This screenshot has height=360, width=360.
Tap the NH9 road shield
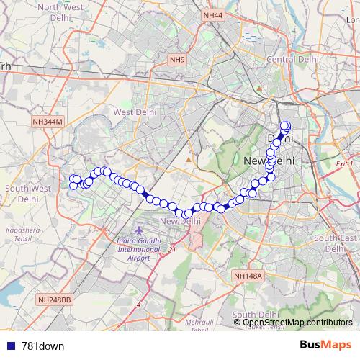tap(177, 60)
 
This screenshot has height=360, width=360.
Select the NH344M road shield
tap(48, 123)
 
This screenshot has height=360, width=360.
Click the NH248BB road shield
tap(55, 299)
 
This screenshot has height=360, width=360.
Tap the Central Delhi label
tap(288, 58)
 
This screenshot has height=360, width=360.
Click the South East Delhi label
tap(335, 243)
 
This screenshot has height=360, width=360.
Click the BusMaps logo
tap(325, 346)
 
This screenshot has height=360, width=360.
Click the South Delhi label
tap(255, 315)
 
